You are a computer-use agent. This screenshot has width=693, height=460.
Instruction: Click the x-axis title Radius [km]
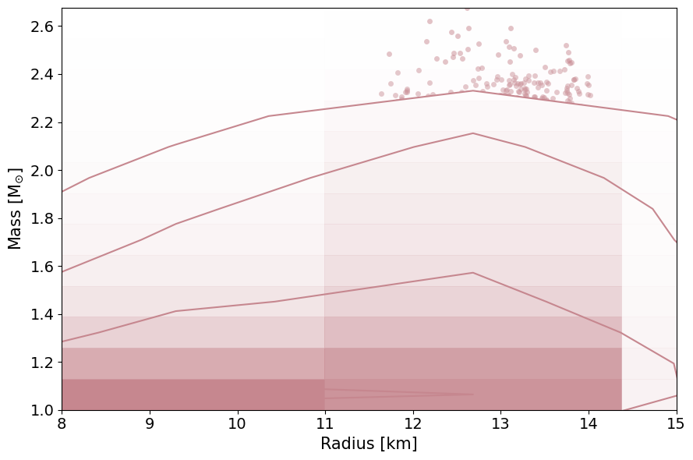tap(369, 444)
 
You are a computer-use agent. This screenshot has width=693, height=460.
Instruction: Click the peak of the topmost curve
tap(473, 90)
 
